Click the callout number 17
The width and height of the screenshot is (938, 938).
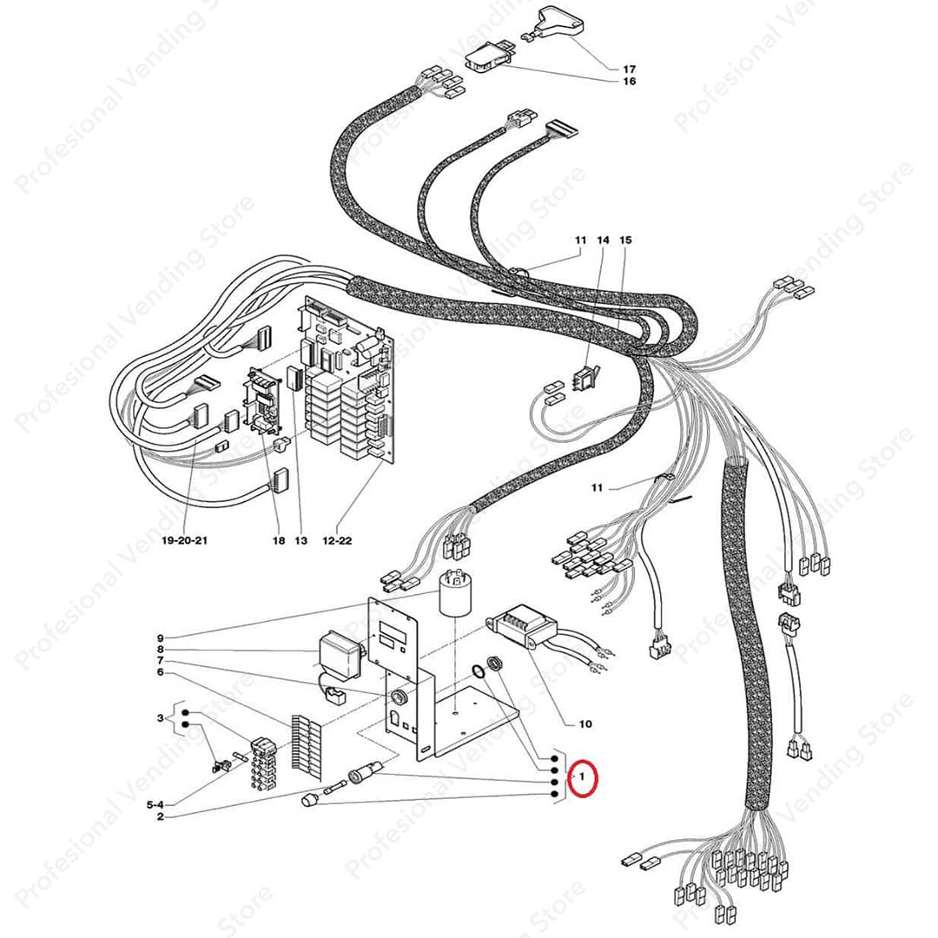(629, 69)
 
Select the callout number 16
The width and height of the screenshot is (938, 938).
(629, 82)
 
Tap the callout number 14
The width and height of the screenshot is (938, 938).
(603, 240)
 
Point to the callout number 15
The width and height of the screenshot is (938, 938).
(625, 240)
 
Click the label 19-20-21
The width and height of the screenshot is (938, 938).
(185, 540)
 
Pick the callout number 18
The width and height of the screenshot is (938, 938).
(279, 541)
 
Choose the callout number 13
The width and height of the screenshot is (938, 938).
(301, 541)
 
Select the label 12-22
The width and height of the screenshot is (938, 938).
(337, 541)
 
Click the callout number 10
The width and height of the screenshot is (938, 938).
(585, 723)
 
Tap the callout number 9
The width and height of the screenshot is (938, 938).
(161, 638)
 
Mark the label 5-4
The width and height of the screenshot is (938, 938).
(155, 805)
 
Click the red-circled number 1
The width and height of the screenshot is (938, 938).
(582, 777)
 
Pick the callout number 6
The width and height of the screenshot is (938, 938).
(161, 672)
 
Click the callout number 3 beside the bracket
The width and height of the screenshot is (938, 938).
(161, 718)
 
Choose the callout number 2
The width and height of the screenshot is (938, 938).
(161, 816)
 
